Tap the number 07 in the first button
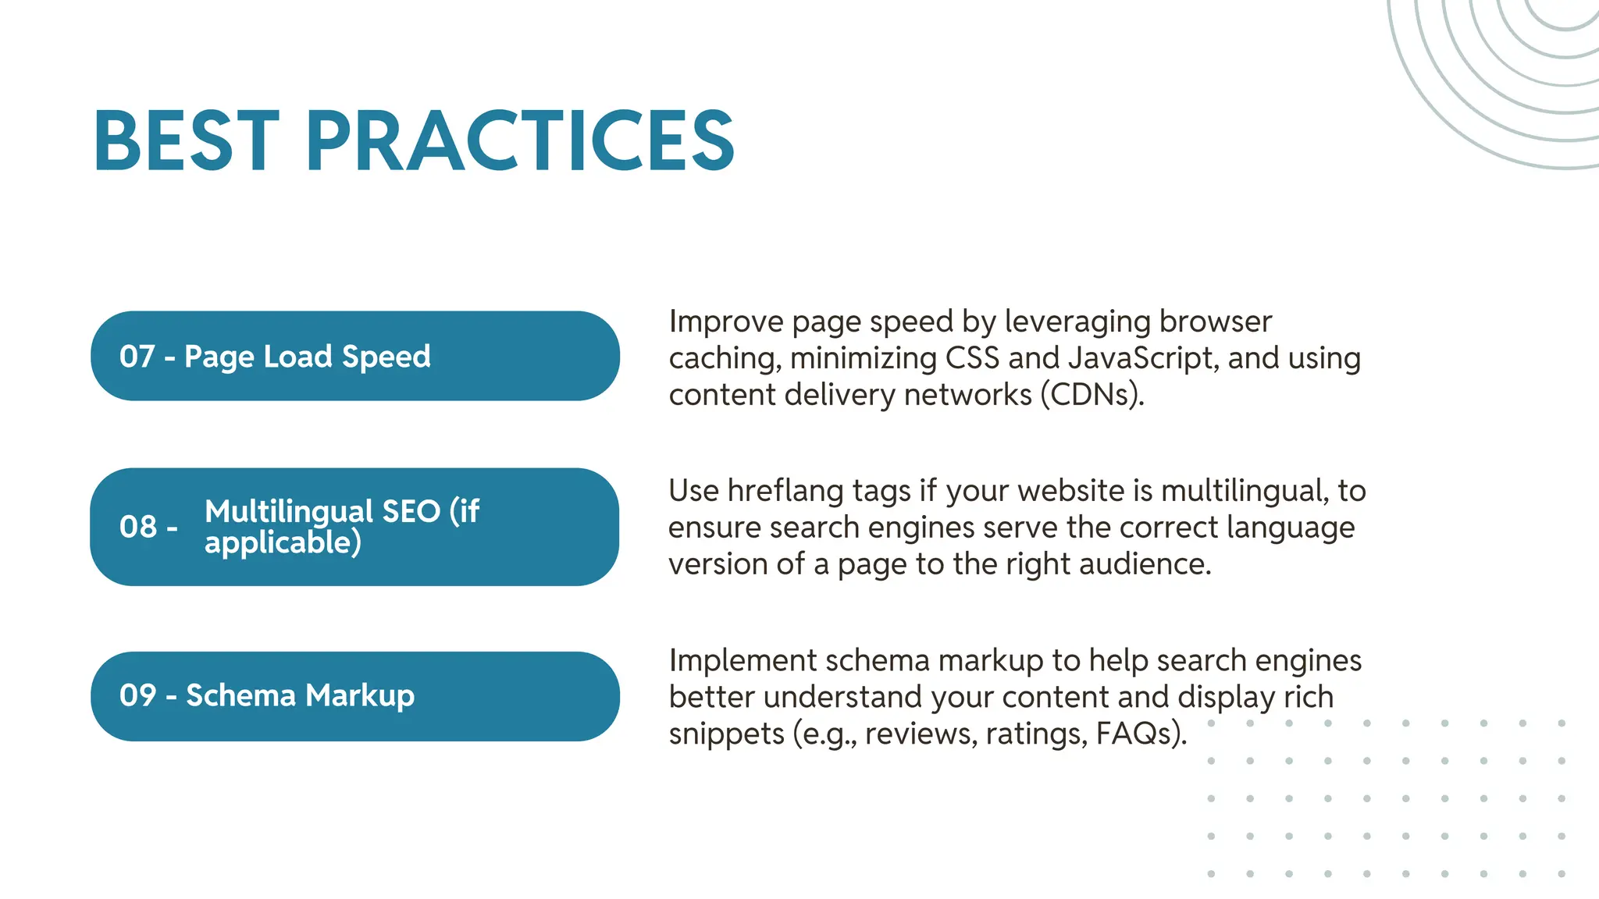tap(137, 357)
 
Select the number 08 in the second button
tap(138, 527)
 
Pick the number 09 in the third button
tap(138, 695)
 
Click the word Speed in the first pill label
tap(386, 357)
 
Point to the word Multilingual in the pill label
tap(289, 512)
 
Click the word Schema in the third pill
tap(240, 695)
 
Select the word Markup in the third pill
tap(360, 696)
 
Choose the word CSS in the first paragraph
tap(972, 358)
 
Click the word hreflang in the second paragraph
tap(785, 491)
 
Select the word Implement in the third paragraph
tap(743, 661)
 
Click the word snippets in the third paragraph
tap(726, 734)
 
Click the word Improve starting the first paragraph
tap(725, 322)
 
